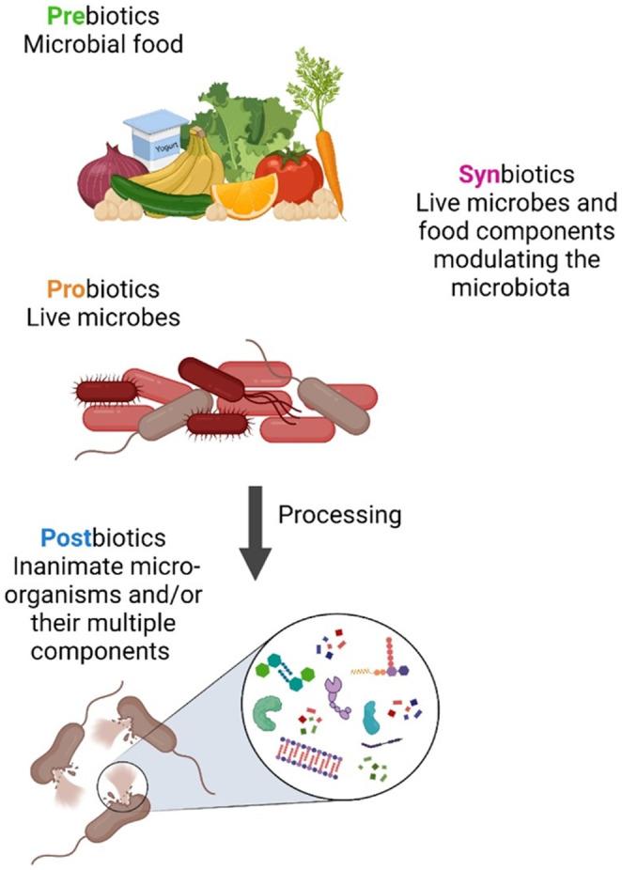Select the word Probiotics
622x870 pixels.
pyautogui.click(x=93, y=289)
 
